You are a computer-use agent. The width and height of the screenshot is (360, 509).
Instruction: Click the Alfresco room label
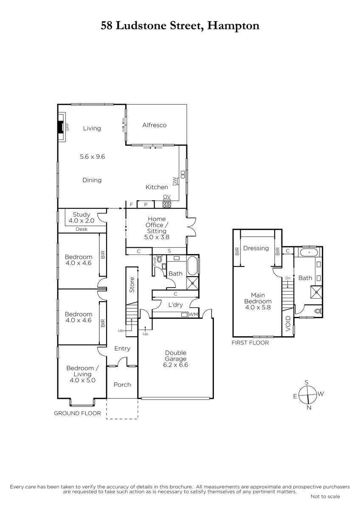click(154, 125)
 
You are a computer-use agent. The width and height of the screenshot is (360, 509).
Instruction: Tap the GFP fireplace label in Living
click(67, 127)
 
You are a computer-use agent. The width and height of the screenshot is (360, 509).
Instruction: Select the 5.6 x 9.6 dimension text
click(92, 157)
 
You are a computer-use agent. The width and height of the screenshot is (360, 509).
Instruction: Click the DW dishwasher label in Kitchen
click(174, 181)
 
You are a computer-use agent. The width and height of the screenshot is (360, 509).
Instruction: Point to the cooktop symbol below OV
click(167, 204)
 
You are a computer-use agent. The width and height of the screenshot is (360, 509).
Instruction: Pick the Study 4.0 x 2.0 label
click(82, 218)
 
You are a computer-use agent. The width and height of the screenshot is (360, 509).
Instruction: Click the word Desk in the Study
click(82, 229)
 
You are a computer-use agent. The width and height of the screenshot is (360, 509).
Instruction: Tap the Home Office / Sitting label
click(157, 228)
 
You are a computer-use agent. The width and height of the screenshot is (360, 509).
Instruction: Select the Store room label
click(132, 285)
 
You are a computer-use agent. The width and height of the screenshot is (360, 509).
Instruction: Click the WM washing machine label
click(193, 314)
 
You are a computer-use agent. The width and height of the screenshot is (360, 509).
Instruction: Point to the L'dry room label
click(175, 305)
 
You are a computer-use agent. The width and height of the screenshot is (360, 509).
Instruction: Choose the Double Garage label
click(176, 359)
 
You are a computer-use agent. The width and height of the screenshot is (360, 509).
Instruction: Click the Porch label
click(122, 385)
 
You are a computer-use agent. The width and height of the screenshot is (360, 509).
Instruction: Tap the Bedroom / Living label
click(82, 374)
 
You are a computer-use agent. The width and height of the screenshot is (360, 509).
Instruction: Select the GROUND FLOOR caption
click(77, 413)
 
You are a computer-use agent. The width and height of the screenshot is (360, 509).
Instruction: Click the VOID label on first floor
click(288, 323)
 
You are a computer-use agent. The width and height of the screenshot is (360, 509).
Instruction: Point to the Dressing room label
click(256, 248)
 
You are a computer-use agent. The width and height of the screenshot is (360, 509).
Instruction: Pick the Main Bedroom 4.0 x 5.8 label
click(258, 301)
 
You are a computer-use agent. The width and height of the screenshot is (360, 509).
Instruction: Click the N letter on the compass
click(309, 408)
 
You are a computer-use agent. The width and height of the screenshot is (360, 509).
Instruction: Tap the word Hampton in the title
click(233, 26)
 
